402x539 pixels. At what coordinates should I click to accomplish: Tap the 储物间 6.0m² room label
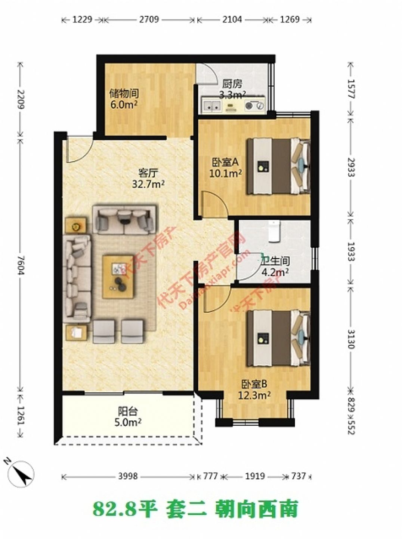(124, 99)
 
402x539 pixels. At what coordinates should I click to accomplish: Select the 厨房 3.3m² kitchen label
(232, 89)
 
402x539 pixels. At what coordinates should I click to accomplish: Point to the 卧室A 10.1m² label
(225, 168)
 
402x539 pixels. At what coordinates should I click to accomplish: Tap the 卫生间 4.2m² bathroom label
(275, 267)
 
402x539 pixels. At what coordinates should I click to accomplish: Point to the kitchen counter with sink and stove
(233, 106)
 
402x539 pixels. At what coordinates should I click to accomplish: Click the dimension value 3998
(128, 476)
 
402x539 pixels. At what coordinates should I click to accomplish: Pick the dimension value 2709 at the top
(149, 19)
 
